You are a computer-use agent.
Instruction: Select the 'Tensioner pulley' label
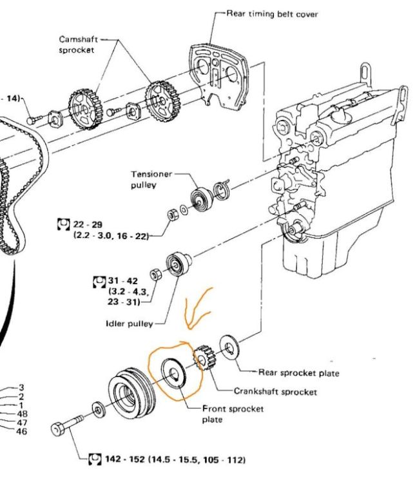coord(151,179)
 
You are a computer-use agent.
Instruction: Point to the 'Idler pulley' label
coord(134,323)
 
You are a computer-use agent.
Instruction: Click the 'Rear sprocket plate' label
coord(298,373)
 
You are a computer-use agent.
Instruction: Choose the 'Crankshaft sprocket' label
coord(275,391)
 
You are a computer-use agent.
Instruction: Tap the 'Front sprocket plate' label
coord(224,414)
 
